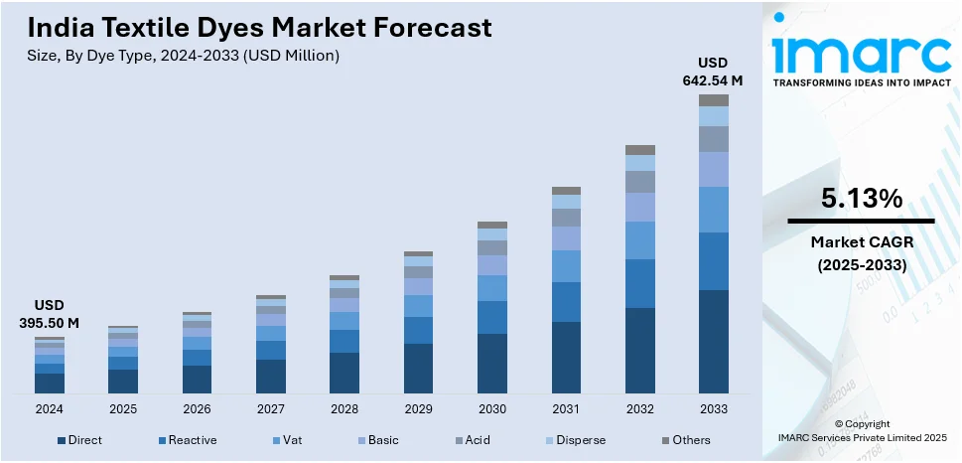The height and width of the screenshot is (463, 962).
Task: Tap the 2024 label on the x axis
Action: click(x=50, y=408)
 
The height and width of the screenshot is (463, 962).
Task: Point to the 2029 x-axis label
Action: click(x=418, y=408)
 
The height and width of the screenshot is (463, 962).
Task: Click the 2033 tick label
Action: click(x=713, y=408)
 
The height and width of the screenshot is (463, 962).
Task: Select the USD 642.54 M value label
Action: click(x=713, y=73)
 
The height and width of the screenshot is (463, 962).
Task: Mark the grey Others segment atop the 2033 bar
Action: click(x=713, y=100)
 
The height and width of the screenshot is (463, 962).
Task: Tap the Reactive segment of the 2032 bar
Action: click(x=639, y=283)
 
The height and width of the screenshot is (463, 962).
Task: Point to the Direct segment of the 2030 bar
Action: click(x=492, y=363)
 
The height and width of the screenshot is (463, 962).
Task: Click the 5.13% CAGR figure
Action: click(x=861, y=199)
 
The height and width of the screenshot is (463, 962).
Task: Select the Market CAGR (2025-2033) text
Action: click(x=861, y=253)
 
